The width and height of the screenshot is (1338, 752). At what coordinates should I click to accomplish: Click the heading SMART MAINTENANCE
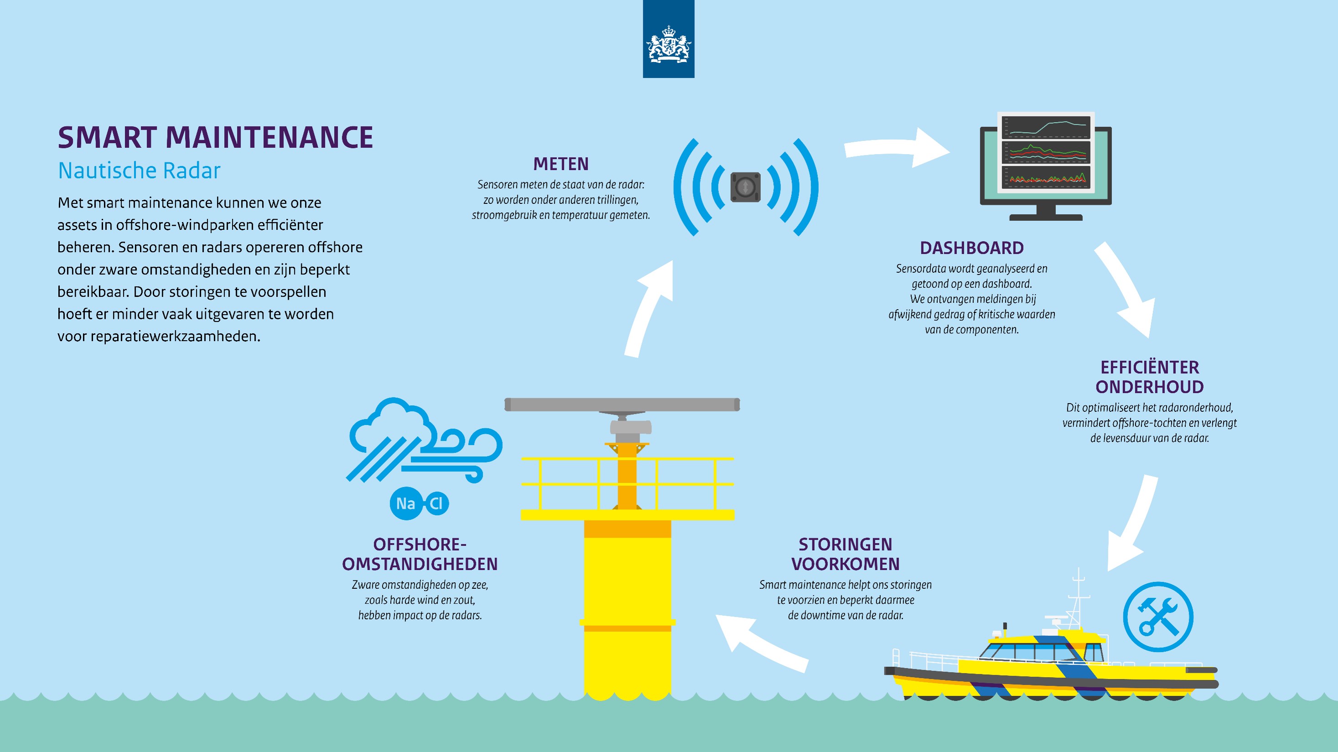tap(215, 137)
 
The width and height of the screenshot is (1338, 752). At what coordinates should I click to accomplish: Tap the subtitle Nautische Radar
tap(139, 171)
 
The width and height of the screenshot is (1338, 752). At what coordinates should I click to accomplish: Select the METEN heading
tap(561, 164)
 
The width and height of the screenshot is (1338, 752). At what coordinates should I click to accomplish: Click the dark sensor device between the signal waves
tap(745, 187)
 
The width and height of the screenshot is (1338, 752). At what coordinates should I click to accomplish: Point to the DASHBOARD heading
tap(972, 248)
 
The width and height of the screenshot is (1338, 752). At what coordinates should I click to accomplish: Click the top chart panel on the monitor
tap(1046, 127)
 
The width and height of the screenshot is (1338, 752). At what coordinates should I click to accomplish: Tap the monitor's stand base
tap(1046, 217)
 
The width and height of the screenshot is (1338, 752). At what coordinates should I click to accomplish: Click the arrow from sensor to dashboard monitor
tap(897, 148)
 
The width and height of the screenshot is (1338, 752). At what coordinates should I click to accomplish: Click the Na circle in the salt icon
tap(406, 503)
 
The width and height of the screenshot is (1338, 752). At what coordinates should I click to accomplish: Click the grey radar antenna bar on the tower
tap(622, 405)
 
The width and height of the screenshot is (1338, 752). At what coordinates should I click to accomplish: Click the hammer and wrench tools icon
tap(1158, 617)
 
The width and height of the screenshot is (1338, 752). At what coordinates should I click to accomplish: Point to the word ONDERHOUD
tap(1149, 387)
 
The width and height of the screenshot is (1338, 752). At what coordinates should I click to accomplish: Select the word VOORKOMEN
tap(845, 564)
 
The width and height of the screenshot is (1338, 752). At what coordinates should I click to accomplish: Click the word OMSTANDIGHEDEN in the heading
tap(420, 564)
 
